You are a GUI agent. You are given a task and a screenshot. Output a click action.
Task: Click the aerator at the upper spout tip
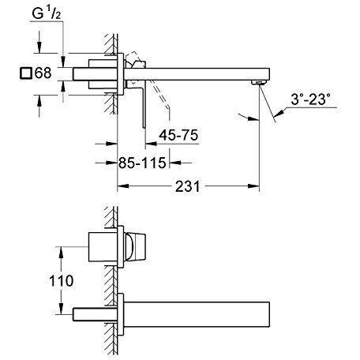coord(257,83)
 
